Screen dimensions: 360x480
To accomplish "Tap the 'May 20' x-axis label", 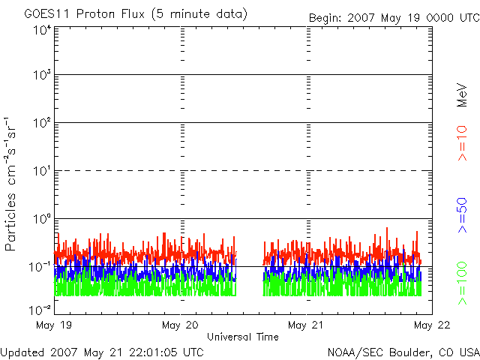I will coord(180,325).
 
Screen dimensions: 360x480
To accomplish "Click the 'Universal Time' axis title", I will coord(243,337).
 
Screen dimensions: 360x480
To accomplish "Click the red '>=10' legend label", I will coord(463,143).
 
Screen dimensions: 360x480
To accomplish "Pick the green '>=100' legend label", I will coord(463,283).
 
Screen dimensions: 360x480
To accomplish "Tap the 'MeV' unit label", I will coord(463,96).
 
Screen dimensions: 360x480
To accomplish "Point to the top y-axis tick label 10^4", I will coord(41,31).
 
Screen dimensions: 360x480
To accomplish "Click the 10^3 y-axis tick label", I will coord(41,75).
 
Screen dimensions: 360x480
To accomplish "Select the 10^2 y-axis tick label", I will coord(41,123).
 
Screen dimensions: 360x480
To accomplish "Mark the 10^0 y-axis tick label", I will coord(41,219).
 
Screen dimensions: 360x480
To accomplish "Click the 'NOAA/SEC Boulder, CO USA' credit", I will coord(403,351).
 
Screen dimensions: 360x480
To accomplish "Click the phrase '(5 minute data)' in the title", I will coord(199,14).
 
